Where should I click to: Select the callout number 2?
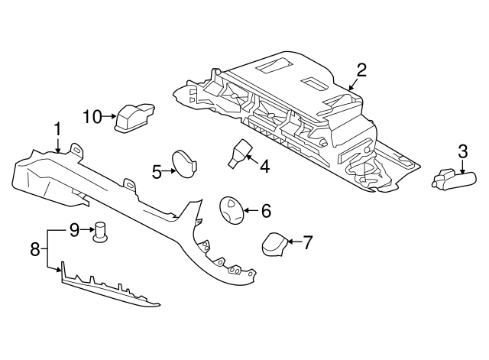coord(361,70)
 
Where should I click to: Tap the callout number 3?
coord(462,151)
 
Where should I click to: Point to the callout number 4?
coord(264,165)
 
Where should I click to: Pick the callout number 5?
coord(157,172)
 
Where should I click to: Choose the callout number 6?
coord(266,210)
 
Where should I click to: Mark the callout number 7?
coord(307,243)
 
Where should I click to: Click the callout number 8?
coord(34,248)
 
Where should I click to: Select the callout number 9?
coord(75,228)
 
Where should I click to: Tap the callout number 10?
coord(92,116)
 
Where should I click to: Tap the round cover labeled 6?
coord(231,210)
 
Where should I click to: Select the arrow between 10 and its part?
coord(109,116)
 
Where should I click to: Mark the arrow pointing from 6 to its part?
coord(251,210)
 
